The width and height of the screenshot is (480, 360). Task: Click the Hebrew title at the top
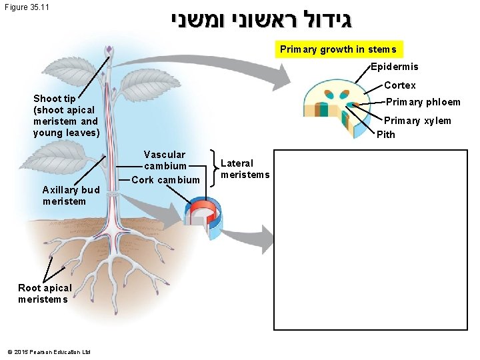pos(260,20)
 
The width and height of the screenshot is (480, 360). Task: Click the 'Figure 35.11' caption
pos(26,8)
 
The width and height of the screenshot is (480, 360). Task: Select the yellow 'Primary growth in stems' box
pos(338,49)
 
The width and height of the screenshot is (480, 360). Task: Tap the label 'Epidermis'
pos(395,67)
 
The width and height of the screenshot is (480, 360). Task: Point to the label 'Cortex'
pos(399,85)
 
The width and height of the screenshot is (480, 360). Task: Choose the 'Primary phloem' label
pos(423,102)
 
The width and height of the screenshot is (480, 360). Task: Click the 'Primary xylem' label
pos(417,121)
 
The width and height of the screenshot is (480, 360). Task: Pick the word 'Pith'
pos(386,135)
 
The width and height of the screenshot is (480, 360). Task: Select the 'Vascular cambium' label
pos(165,160)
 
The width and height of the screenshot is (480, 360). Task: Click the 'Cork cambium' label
pos(165,180)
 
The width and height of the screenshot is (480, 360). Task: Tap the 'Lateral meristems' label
pos(245,169)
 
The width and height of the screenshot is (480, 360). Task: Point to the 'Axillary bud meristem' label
pos(71,195)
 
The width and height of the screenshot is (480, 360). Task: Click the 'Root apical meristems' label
pos(44,293)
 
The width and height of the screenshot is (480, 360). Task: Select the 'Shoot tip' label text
pos(65,115)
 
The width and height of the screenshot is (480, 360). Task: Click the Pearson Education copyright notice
pos(48,351)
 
